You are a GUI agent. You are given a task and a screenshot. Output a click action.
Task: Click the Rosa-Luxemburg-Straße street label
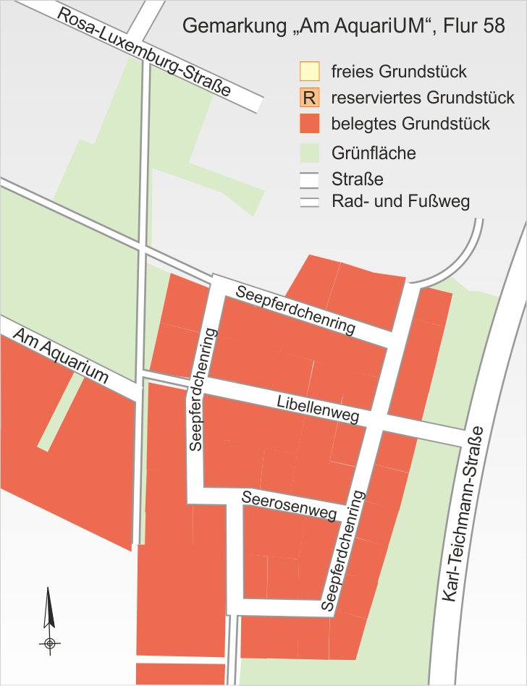(x=146, y=53)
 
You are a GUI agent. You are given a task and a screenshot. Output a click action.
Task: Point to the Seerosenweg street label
(x=291, y=506)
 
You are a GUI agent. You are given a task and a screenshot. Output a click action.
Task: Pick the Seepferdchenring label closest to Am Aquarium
(x=203, y=389)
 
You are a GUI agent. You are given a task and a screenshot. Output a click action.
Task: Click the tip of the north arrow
(x=49, y=588)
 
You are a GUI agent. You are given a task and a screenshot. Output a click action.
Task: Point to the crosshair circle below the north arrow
(x=49, y=643)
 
